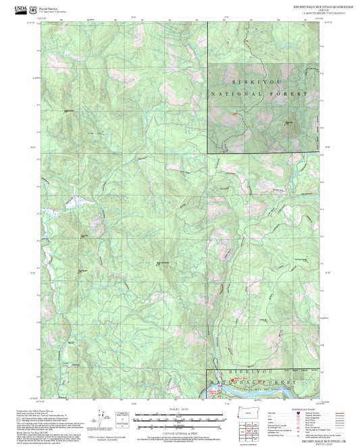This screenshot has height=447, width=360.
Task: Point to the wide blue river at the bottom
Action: point(257,390)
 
